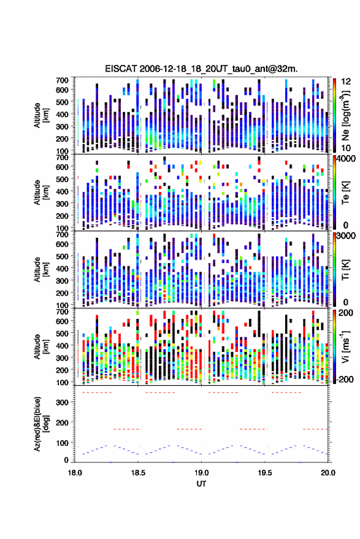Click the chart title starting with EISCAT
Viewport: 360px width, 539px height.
(202, 69)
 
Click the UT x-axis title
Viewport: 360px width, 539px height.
(201, 484)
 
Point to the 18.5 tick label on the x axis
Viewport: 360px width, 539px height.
(138, 473)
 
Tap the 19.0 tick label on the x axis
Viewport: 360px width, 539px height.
(201, 473)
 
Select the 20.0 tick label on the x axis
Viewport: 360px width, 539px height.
(328, 473)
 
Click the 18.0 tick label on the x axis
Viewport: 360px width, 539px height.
(75, 473)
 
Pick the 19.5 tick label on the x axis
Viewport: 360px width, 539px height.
(264, 473)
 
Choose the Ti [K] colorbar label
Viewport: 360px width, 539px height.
(345, 269)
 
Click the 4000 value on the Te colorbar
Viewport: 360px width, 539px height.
(347, 159)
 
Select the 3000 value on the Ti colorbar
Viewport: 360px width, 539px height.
(347, 236)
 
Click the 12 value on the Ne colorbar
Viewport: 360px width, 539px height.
(347, 82)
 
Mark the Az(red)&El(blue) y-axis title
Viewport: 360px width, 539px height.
(41, 424)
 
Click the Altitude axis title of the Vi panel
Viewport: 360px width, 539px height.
(41, 346)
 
